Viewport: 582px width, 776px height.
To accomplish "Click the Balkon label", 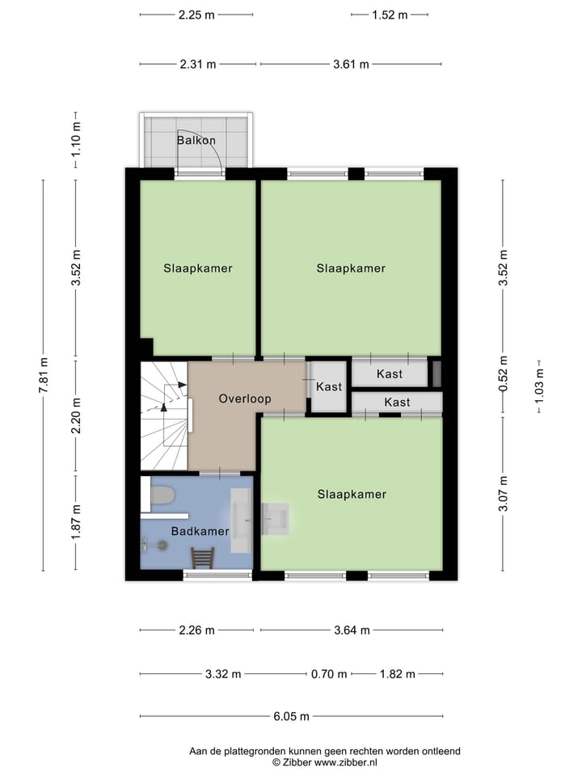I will click(196, 141).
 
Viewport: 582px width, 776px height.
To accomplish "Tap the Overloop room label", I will click(244, 399).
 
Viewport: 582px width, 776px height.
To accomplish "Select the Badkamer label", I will click(200, 531).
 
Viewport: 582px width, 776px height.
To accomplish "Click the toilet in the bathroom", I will click(162, 495).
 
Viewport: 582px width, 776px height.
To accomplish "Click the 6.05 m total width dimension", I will click(291, 716).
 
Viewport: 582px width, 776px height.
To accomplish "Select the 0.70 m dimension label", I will click(330, 674).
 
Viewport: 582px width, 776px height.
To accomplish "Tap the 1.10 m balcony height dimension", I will click(76, 140).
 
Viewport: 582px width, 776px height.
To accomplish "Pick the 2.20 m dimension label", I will click(76, 416).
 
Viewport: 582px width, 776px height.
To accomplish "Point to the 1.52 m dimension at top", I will click(390, 15).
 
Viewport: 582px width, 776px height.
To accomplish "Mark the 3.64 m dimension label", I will click(352, 630).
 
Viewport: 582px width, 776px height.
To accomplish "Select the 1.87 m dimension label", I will click(76, 522).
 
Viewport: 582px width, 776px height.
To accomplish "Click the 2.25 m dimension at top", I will click(197, 15).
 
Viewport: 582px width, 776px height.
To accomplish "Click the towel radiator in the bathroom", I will click(203, 558).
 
